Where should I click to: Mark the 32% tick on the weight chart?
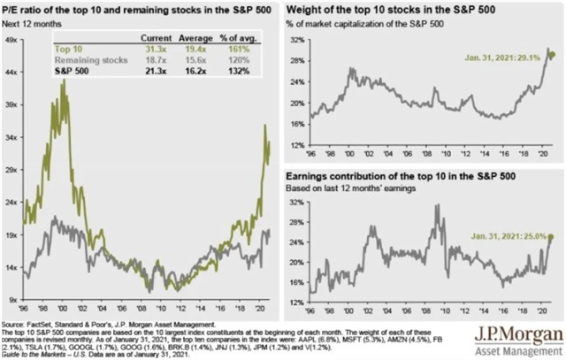[x=298, y=41]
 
